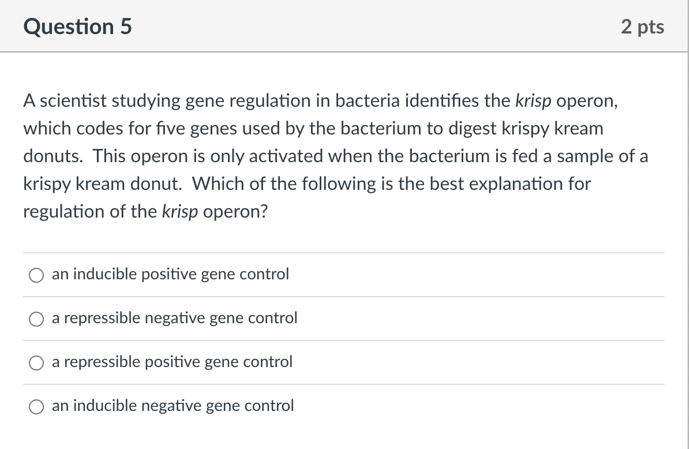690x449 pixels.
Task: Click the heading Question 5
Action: pyautogui.click(x=78, y=27)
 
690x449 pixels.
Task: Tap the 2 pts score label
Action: pyautogui.click(x=643, y=27)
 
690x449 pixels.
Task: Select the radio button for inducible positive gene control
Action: pyautogui.click(x=36, y=275)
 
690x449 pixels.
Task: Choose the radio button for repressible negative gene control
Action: pyautogui.click(x=36, y=319)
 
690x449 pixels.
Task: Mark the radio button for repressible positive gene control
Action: pyautogui.click(x=36, y=362)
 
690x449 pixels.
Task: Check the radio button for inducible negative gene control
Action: pyautogui.click(x=36, y=406)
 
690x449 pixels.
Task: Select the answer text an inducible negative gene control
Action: pyautogui.click(x=172, y=406)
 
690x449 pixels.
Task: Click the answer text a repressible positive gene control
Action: pyautogui.click(x=172, y=362)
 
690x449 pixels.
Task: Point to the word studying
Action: pyautogui.click(x=151, y=101)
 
